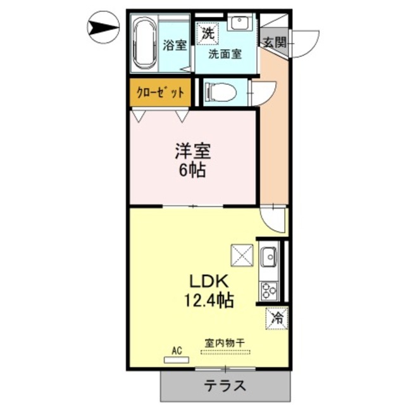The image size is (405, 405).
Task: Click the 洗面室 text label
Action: (x=226, y=54)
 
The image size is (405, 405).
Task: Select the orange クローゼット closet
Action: (x=161, y=92)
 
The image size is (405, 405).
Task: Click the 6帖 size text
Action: (x=192, y=170)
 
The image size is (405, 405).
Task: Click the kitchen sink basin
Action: (x=268, y=258)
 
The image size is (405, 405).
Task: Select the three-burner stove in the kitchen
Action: (x=268, y=291)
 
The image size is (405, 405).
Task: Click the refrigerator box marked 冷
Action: (x=277, y=316)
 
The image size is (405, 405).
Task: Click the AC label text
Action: (x=177, y=350)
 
